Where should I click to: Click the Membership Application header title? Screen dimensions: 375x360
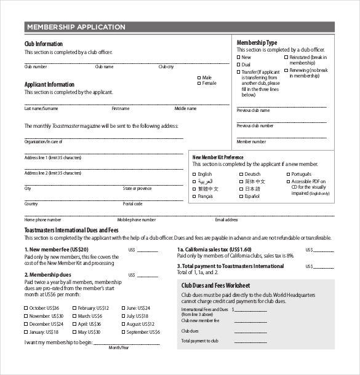click(x=76, y=27)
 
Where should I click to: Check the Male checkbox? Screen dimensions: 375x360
click(x=199, y=77)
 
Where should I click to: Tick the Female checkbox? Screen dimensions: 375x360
click(x=199, y=83)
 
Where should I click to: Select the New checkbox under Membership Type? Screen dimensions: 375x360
click(x=239, y=57)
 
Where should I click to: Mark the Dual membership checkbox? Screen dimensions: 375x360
click(x=239, y=65)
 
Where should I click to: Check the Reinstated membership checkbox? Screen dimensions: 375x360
click(x=286, y=57)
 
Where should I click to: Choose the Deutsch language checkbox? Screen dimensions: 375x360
click(x=241, y=174)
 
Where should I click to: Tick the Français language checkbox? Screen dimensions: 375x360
click(x=194, y=197)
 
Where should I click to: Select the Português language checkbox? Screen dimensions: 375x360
click(x=287, y=174)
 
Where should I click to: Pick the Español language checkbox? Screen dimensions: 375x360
click(x=241, y=197)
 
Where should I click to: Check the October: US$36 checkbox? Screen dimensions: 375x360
click(x=26, y=308)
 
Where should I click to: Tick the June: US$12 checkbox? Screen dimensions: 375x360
click(x=122, y=308)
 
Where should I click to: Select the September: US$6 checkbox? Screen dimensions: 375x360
click(x=122, y=332)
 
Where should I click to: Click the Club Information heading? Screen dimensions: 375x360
click(x=43, y=44)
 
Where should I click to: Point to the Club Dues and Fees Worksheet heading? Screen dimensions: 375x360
click(x=215, y=285)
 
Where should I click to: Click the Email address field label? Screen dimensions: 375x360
click(x=226, y=219)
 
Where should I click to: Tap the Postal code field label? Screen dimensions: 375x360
click(x=132, y=203)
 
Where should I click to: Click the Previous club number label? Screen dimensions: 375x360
click(x=255, y=126)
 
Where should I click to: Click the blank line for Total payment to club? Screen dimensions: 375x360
click(x=250, y=342)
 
